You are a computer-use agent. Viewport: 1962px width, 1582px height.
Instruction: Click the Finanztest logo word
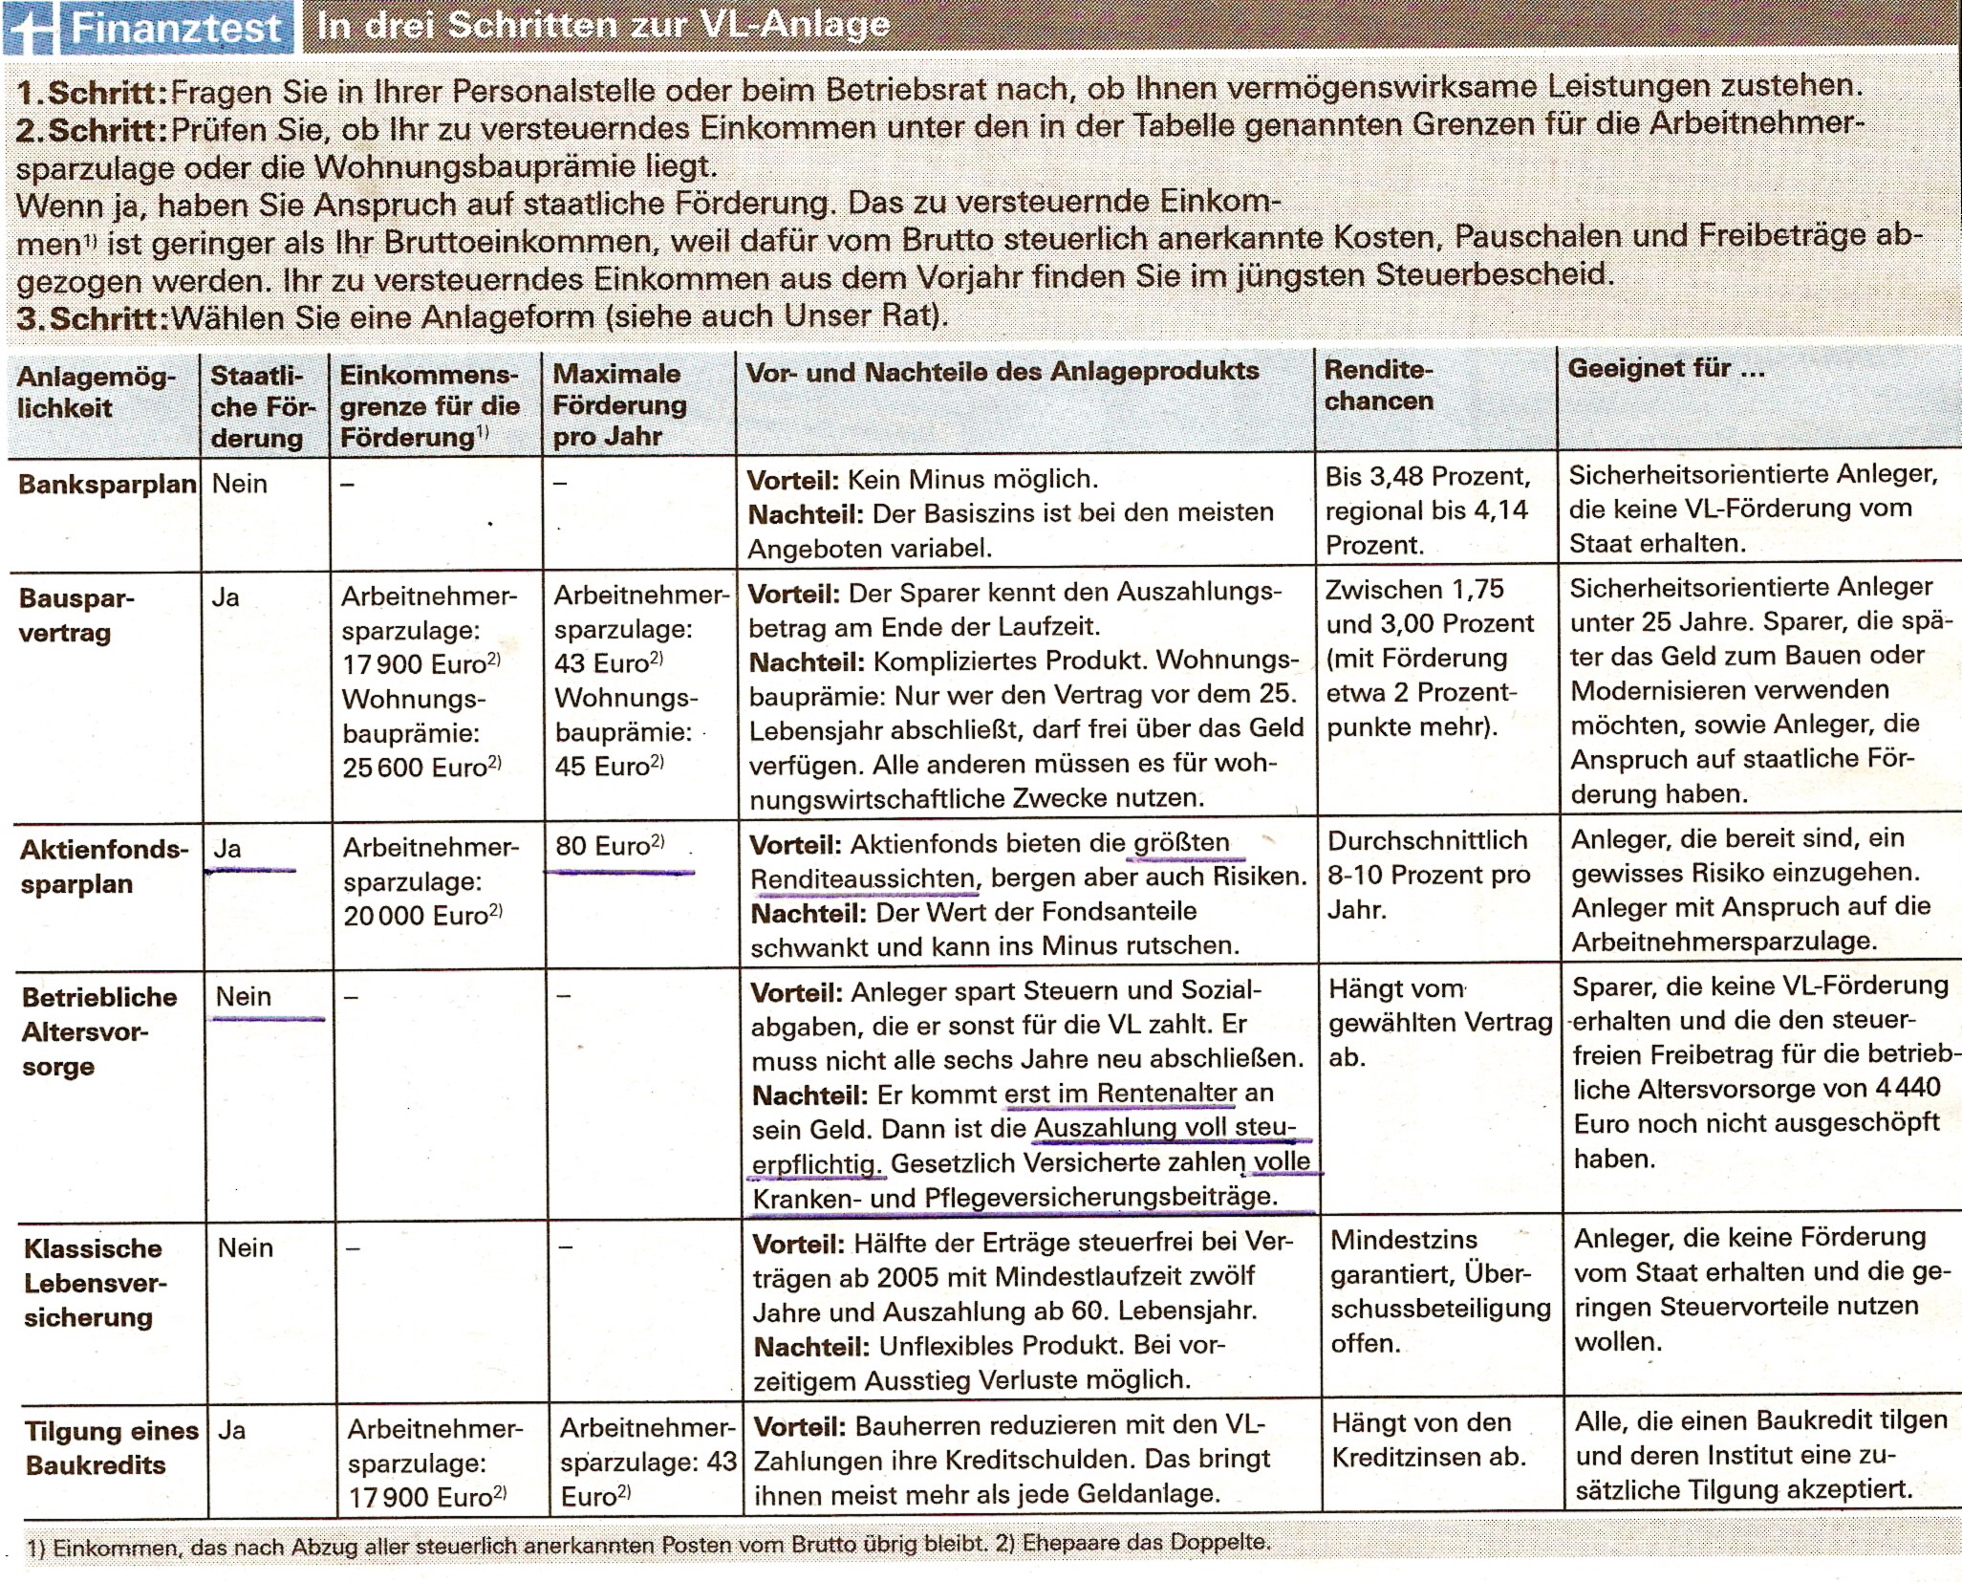177,29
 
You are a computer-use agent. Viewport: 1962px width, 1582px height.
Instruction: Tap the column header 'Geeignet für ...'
1666,369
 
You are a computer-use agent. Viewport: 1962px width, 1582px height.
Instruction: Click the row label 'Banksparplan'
107,485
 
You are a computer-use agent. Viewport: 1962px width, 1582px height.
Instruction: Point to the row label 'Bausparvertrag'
76,616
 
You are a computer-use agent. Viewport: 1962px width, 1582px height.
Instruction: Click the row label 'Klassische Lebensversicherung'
95,1283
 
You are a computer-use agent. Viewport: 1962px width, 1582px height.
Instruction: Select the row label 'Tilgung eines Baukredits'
111,1448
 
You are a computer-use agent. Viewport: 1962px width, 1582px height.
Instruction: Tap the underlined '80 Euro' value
609,846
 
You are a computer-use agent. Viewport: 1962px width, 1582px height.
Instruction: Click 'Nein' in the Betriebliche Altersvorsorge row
244,997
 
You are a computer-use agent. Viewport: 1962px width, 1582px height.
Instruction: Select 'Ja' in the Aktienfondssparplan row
227,848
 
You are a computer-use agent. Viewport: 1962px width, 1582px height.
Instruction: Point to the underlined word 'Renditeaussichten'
863,878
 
